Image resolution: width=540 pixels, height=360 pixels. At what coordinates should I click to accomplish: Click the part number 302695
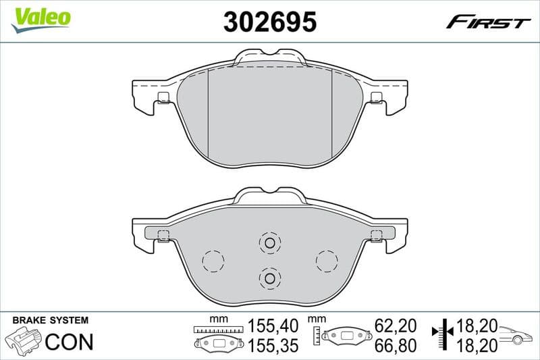tap(269, 22)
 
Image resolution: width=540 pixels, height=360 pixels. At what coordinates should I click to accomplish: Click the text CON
tap(70, 341)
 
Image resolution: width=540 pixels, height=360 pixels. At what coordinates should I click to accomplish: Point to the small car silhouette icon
tap(516, 335)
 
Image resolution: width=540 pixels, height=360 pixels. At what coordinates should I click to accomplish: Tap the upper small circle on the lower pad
tap(269, 243)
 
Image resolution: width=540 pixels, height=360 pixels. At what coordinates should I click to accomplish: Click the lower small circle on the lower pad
tap(269, 277)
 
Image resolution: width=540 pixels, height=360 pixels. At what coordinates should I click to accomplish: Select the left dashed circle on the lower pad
tap(213, 260)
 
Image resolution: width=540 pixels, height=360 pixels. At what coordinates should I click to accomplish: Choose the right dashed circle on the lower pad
tap(327, 260)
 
